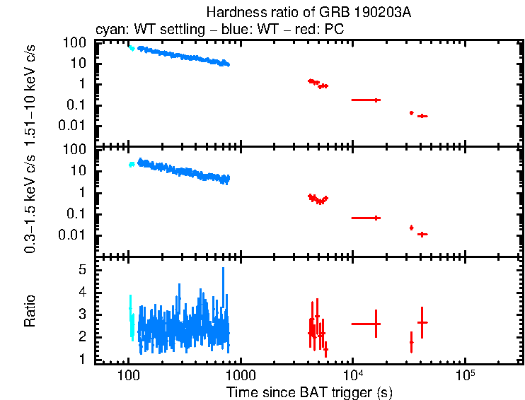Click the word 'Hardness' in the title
(229, 12)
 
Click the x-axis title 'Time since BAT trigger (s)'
(309, 392)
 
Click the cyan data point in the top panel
(131, 48)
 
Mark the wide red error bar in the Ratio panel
(367, 324)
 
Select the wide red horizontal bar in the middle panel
(367, 218)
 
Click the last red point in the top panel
(422, 116)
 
